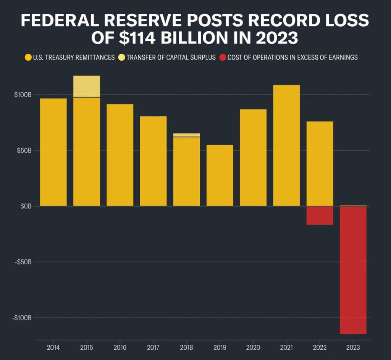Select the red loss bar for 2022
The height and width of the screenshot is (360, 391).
(x=320, y=215)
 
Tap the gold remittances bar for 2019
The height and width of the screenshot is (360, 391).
(x=220, y=175)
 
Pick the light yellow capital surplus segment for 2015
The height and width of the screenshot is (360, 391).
(x=87, y=86)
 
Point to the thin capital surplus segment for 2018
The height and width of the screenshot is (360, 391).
(x=186, y=135)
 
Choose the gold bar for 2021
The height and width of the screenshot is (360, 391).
(x=286, y=145)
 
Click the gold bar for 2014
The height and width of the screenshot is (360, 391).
(x=53, y=152)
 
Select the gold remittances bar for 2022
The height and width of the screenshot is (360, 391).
(x=320, y=164)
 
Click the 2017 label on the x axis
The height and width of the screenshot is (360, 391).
(x=153, y=348)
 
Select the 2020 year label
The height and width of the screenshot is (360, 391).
(x=253, y=348)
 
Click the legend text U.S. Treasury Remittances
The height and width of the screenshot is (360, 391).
(x=74, y=58)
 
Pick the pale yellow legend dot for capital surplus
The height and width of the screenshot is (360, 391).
(x=121, y=58)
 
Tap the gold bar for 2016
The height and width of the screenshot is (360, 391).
(x=120, y=155)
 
